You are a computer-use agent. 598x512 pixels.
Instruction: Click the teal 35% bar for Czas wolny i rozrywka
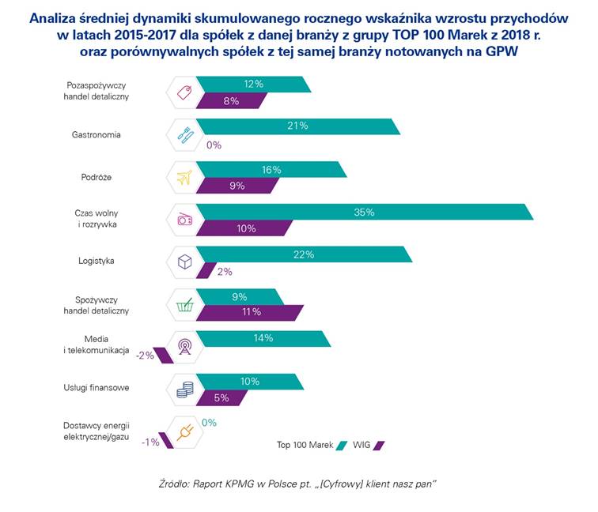[x=364, y=212]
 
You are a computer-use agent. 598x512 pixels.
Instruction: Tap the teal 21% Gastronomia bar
[x=297, y=126]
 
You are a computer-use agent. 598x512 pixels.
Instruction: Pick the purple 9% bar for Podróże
[x=237, y=186]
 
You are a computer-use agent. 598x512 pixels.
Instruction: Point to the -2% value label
[x=144, y=356]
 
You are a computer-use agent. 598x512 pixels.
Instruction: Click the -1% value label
[x=150, y=442]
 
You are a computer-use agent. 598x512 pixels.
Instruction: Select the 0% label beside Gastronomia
[x=214, y=145]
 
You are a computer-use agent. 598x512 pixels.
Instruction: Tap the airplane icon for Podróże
[x=185, y=177]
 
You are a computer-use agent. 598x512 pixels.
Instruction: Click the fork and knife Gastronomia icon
[x=185, y=134]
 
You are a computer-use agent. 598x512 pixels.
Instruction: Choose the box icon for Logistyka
[x=185, y=262]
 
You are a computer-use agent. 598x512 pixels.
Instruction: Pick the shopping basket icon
[x=185, y=304]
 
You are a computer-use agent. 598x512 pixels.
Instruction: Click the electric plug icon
[x=185, y=432]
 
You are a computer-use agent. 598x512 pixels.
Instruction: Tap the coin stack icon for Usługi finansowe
[x=185, y=389]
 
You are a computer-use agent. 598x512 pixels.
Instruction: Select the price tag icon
[x=185, y=92]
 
